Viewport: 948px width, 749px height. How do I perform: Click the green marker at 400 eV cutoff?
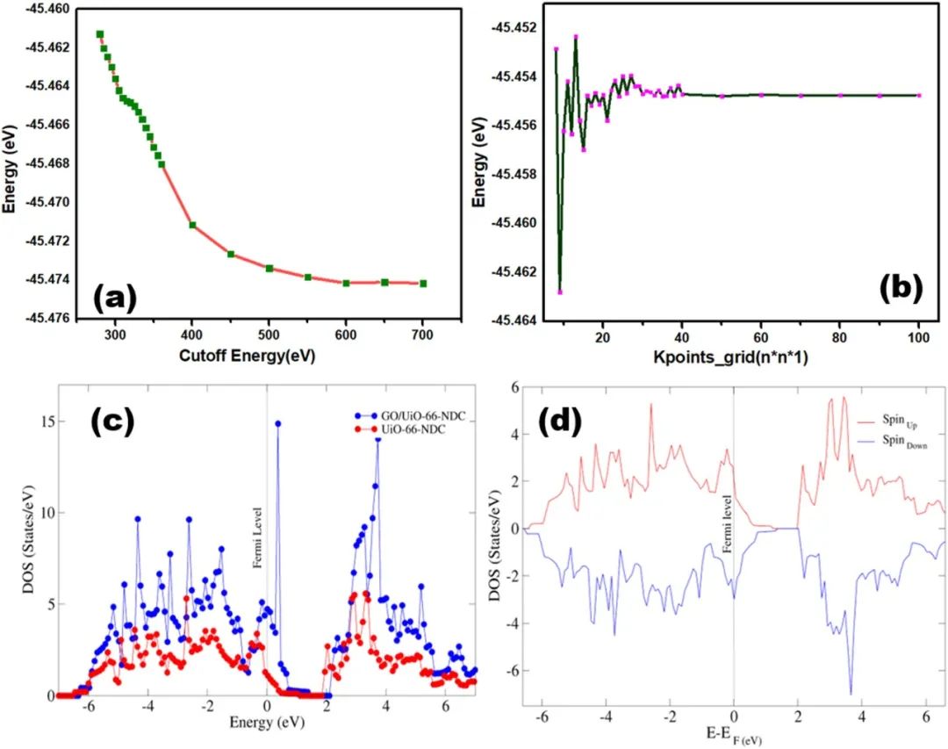[x=192, y=225]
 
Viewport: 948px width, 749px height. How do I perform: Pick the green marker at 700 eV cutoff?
[x=423, y=283]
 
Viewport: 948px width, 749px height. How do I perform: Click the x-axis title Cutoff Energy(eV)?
[x=247, y=356]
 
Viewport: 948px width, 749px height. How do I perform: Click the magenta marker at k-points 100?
[x=919, y=95]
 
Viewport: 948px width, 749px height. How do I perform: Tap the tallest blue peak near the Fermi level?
[x=278, y=423]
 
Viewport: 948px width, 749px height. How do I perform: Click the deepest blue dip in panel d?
[x=851, y=694]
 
